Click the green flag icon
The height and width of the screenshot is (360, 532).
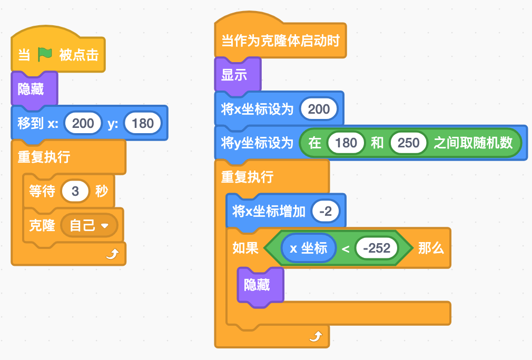pos(45,54)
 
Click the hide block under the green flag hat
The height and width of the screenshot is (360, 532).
pos(31,89)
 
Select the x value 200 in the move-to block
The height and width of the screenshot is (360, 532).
pos(83,123)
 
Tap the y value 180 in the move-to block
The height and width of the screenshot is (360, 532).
pos(143,123)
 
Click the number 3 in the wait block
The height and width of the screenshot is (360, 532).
pos(75,191)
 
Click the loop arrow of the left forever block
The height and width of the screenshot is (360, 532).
pos(112,255)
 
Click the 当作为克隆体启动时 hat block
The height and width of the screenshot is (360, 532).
pos(280,41)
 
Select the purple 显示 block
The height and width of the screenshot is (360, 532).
pos(234,75)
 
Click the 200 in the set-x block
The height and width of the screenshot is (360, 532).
pos(319,109)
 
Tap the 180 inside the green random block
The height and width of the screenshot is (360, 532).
pos(346,143)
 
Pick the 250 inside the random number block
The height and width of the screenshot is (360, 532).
pos(408,143)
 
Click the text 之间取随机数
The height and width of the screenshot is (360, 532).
pos(472,143)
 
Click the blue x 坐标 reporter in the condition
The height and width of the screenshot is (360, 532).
pos(308,248)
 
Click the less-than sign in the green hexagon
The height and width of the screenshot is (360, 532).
pos(346,248)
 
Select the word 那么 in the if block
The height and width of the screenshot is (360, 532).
pos(431,248)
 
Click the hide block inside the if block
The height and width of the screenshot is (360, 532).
pos(257,285)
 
